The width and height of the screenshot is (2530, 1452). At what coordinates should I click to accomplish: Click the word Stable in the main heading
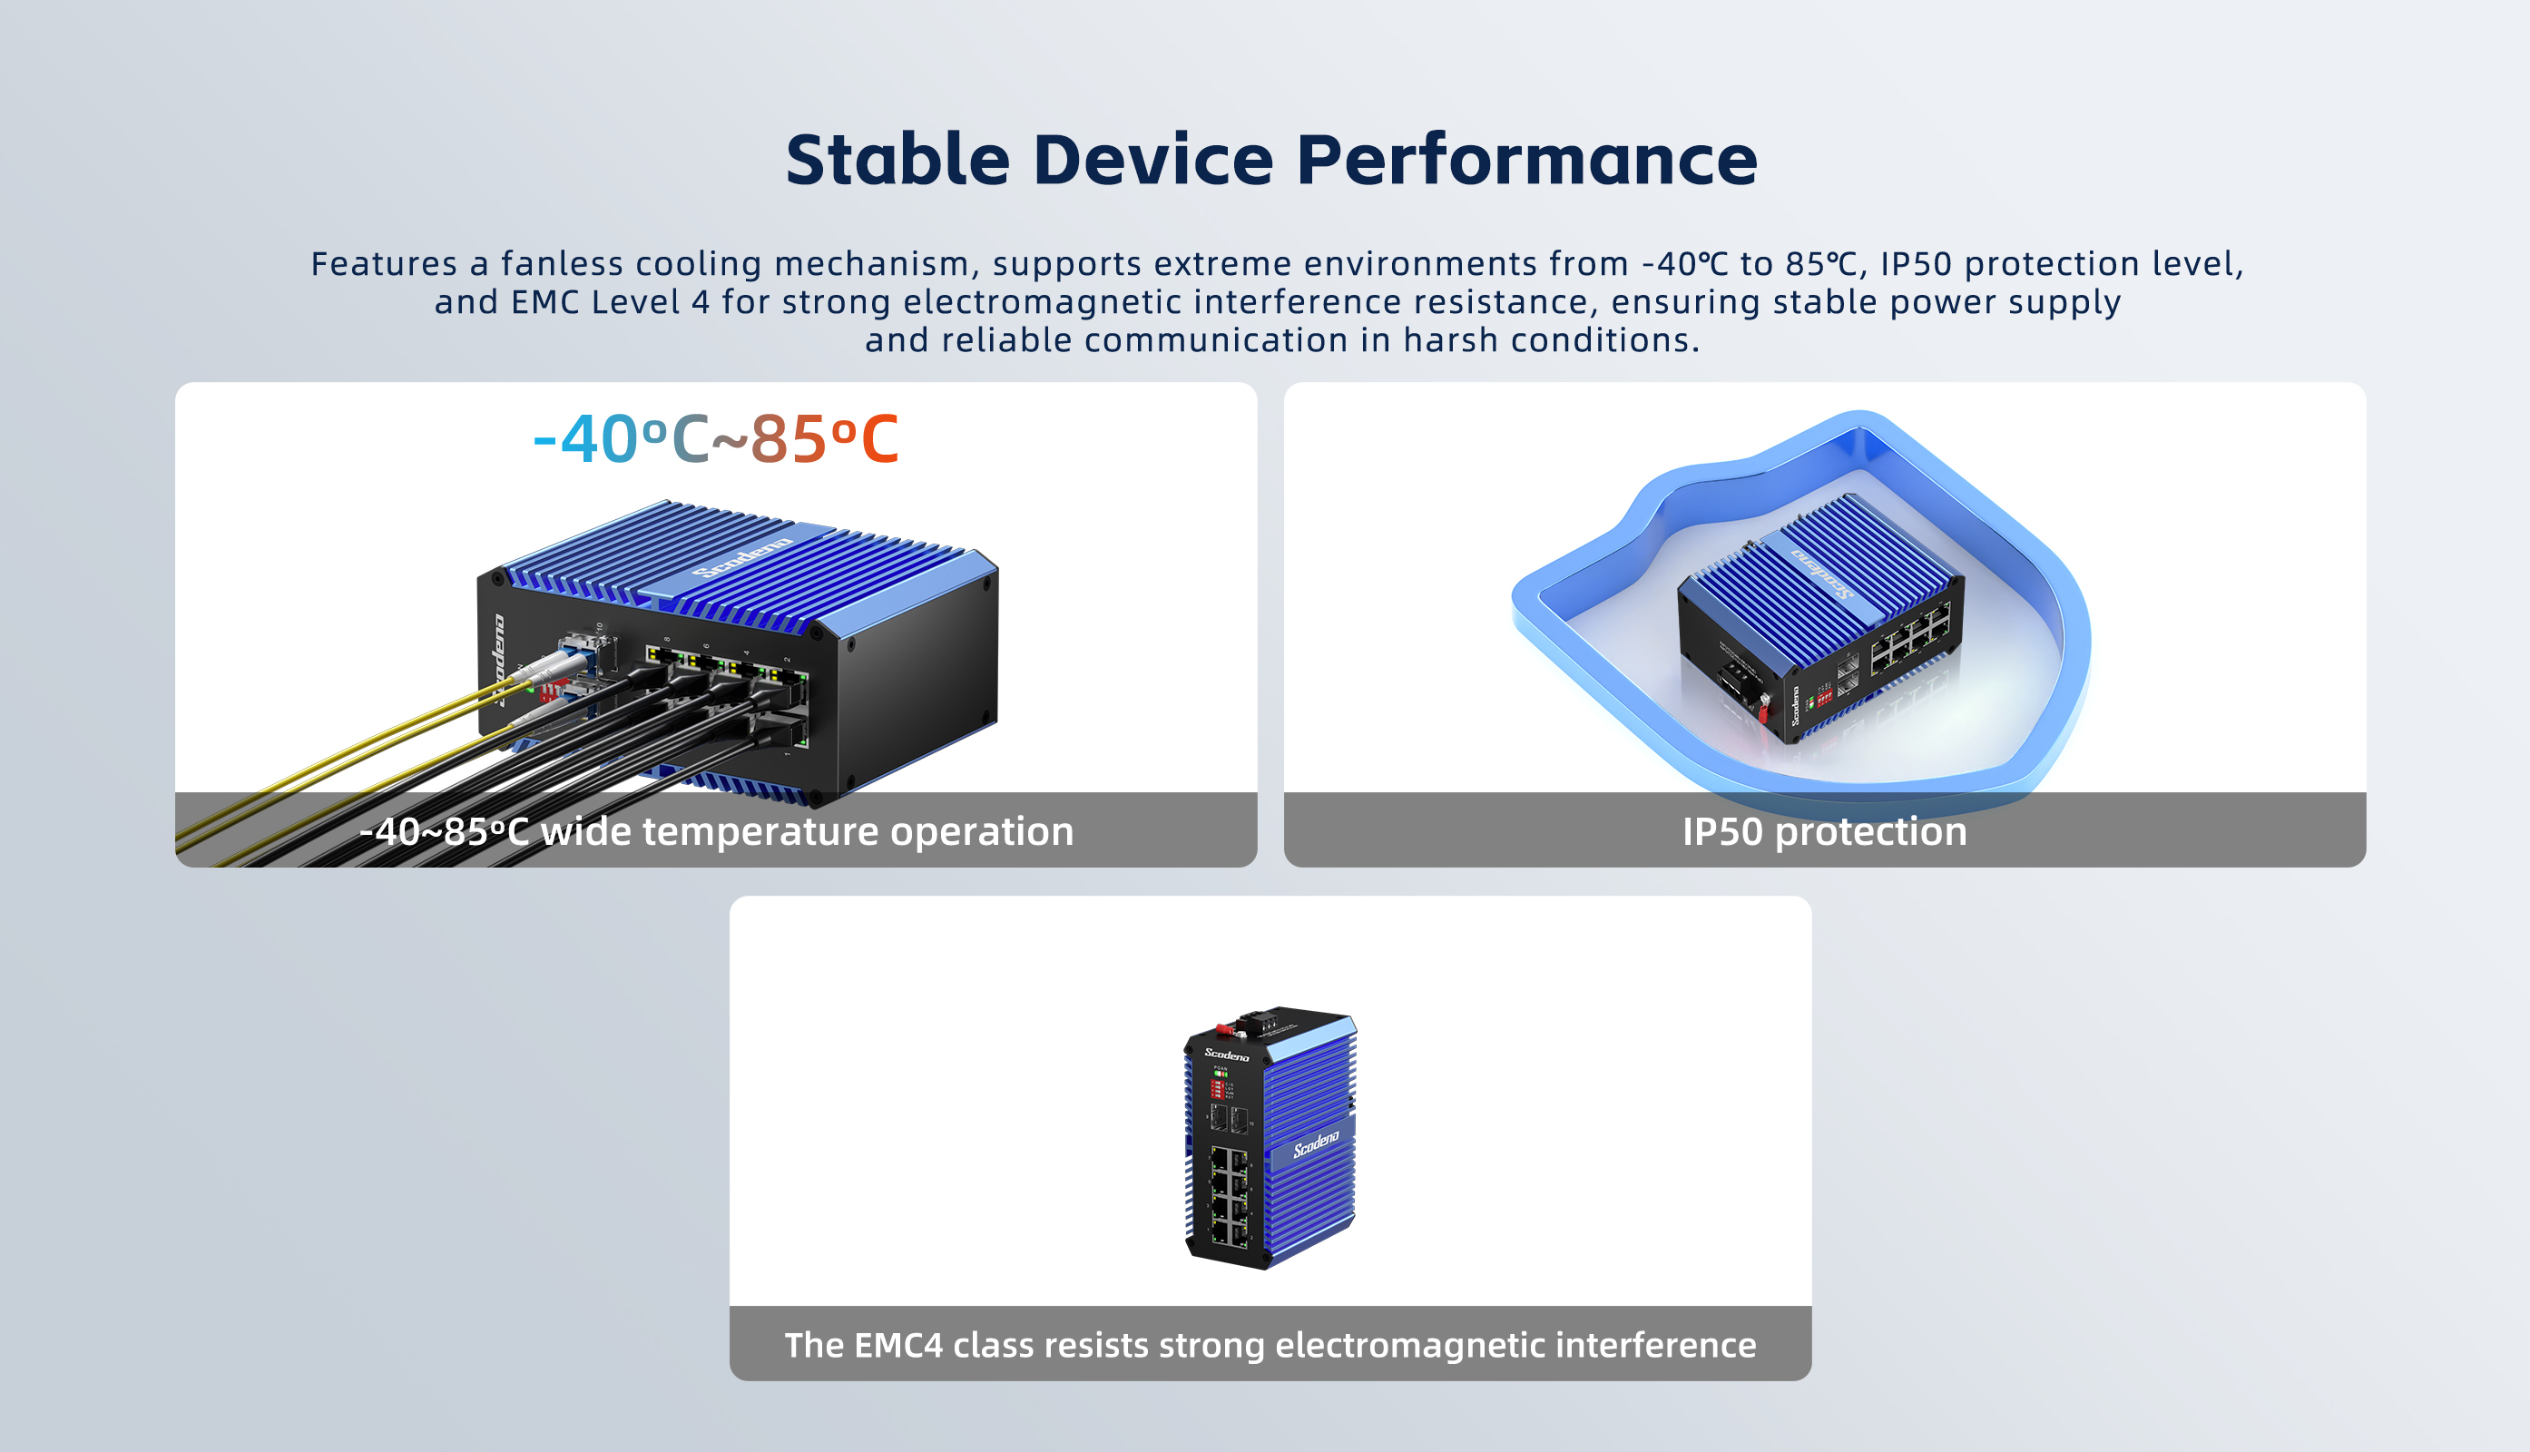[898, 160]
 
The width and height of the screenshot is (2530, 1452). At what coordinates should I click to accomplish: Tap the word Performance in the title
[1526, 160]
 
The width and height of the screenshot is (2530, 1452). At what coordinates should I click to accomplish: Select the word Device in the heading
[1153, 160]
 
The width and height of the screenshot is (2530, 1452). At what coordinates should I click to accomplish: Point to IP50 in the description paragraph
[1916, 263]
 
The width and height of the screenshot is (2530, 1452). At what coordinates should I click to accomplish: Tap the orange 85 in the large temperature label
[788, 439]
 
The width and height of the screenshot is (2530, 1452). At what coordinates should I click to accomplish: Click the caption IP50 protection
[1824, 830]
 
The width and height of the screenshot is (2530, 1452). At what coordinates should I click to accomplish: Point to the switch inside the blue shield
[1821, 618]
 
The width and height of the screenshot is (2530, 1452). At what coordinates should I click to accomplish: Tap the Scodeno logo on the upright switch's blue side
[1317, 1143]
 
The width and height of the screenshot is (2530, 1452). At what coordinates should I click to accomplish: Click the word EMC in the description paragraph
[544, 302]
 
